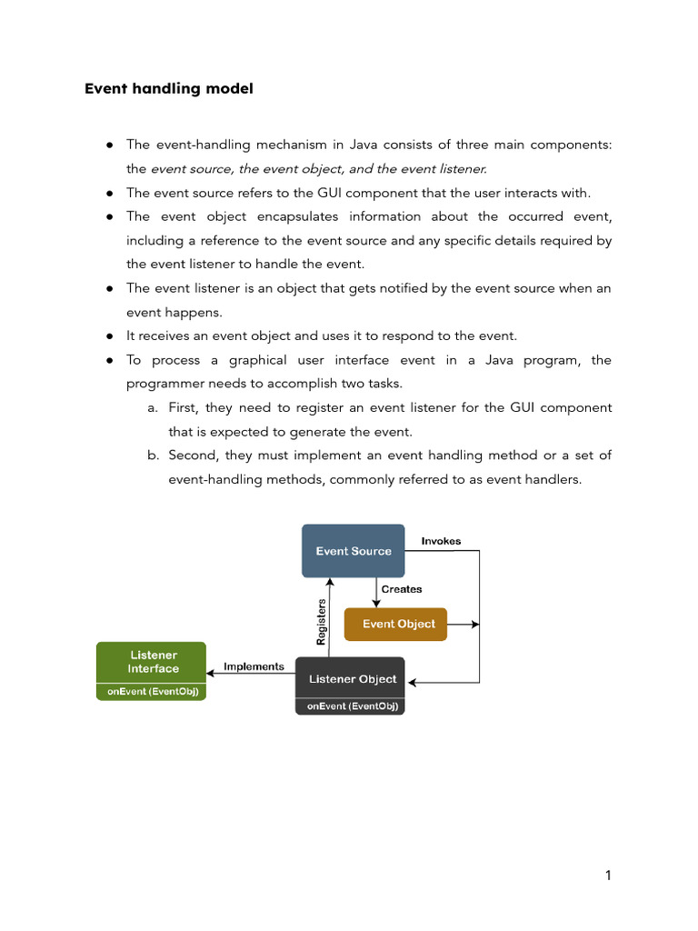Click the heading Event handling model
[169, 89]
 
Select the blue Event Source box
[353, 550]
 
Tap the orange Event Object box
[396, 624]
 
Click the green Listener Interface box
[152, 662]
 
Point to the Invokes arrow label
[441, 541]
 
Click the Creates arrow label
[402, 589]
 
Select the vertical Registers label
[321, 622]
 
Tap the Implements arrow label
[254, 666]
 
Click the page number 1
[608, 876]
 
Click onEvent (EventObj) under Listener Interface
[152, 692]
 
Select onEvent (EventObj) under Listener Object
[350, 706]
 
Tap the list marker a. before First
[154, 408]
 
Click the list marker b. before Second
[154, 455]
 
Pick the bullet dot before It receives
[109, 336]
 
